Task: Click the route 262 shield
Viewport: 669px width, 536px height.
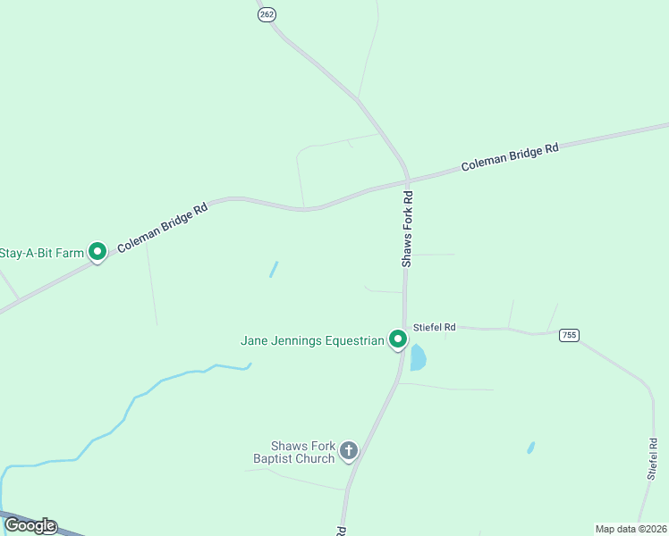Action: click(x=266, y=14)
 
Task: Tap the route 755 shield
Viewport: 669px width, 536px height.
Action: click(x=569, y=335)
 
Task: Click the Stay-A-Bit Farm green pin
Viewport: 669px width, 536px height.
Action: click(x=98, y=253)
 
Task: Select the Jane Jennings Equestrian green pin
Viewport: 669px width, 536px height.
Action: click(x=397, y=339)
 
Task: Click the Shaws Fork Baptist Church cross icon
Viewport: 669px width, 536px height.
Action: click(x=349, y=451)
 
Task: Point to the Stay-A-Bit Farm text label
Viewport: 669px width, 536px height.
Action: click(x=42, y=253)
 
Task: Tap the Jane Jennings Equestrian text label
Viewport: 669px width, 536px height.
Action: click(x=312, y=340)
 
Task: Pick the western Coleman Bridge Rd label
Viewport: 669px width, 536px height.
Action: click(x=162, y=226)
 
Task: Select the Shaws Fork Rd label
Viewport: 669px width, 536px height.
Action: click(x=407, y=229)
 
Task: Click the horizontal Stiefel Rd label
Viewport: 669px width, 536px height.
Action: click(x=435, y=328)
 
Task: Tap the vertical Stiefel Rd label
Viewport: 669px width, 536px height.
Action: click(x=652, y=459)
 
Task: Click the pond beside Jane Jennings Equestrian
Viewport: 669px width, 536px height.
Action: click(x=417, y=358)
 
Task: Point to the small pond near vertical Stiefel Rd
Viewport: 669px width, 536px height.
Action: click(x=530, y=448)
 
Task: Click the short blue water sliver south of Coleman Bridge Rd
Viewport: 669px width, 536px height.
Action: click(x=274, y=269)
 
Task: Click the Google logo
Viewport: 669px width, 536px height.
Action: click(x=30, y=525)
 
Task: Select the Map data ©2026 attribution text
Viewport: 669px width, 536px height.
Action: click(x=631, y=528)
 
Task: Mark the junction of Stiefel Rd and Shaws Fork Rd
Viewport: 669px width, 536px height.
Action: click(x=404, y=328)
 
